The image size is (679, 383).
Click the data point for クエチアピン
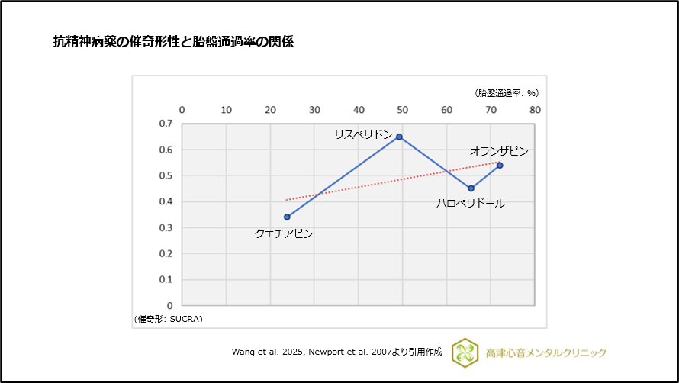[287, 217]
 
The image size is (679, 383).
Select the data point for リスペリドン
[399, 137]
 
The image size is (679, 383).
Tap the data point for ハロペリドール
[471, 188]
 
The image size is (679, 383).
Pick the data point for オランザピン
[500, 165]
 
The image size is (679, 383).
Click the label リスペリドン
[363, 134]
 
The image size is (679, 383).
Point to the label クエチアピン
[284, 233]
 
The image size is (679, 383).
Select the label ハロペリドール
[471, 204]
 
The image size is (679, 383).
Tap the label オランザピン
[499, 151]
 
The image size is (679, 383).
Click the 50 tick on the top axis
[403, 110]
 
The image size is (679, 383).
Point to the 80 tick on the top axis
[536, 110]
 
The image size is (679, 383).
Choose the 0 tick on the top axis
[182, 110]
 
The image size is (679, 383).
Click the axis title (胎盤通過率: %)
[507, 93]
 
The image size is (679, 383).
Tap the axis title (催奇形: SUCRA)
[169, 318]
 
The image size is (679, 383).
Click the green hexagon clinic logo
[465, 352]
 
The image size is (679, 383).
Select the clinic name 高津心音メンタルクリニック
[545, 352]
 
